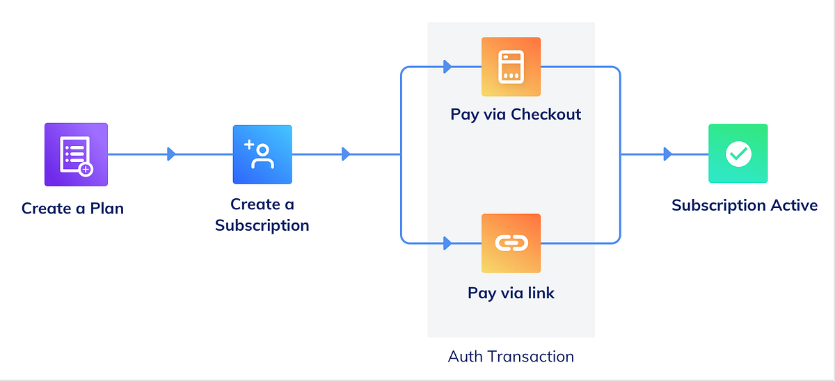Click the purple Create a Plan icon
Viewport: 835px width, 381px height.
76,154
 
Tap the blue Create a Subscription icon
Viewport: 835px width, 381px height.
262,154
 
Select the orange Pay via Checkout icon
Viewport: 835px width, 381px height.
511,67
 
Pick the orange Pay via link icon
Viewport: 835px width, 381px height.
511,243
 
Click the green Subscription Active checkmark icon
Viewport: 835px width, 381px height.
738,154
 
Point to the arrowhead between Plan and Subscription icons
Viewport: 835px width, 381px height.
171,154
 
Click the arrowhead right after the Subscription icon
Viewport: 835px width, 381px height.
346,154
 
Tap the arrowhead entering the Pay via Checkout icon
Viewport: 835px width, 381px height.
448,67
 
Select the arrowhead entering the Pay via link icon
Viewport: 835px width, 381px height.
448,243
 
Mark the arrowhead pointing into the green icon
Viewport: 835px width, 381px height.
667,154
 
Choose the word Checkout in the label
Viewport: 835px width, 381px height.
546,114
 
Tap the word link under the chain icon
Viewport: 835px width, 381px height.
540,293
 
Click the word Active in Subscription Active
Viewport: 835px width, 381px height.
794,205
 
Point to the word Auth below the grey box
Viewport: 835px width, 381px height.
465,357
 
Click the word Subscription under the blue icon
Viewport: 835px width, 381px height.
262,225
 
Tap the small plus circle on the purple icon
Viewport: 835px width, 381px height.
86,169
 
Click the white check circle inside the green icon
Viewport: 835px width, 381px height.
738,154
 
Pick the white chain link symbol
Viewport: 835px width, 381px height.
511,243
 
